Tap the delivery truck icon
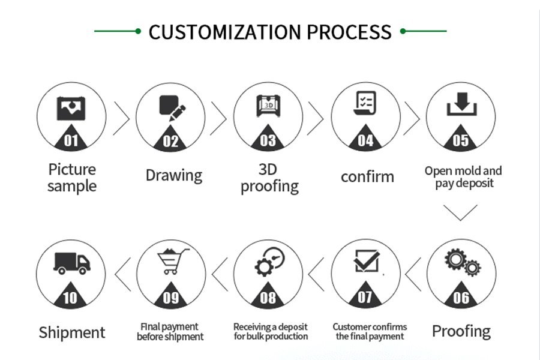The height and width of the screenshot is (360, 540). pyautogui.click(x=71, y=263)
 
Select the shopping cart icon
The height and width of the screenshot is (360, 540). pyautogui.click(x=170, y=261)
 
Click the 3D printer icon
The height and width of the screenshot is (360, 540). pyautogui.click(x=268, y=106)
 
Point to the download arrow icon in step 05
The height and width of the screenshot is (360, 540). pyautogui.click(x=461, y=106)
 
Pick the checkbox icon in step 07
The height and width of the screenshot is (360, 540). pyautogui.click(x=366, y=261)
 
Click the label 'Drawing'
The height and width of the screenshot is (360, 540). pyautogui.click(x=174, y=176)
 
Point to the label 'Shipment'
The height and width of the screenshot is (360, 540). pyautogui.click(x=71, y=332)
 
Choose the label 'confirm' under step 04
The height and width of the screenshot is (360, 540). pyautogui.click(x=367, y=177)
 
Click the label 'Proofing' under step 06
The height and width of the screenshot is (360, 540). pyautogui.click(x=461, y=331)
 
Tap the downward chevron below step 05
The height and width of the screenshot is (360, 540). pyautogui.click(x=461, y=212)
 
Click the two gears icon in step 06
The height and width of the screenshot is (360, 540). pyautogui.click(x=462, y=262)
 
